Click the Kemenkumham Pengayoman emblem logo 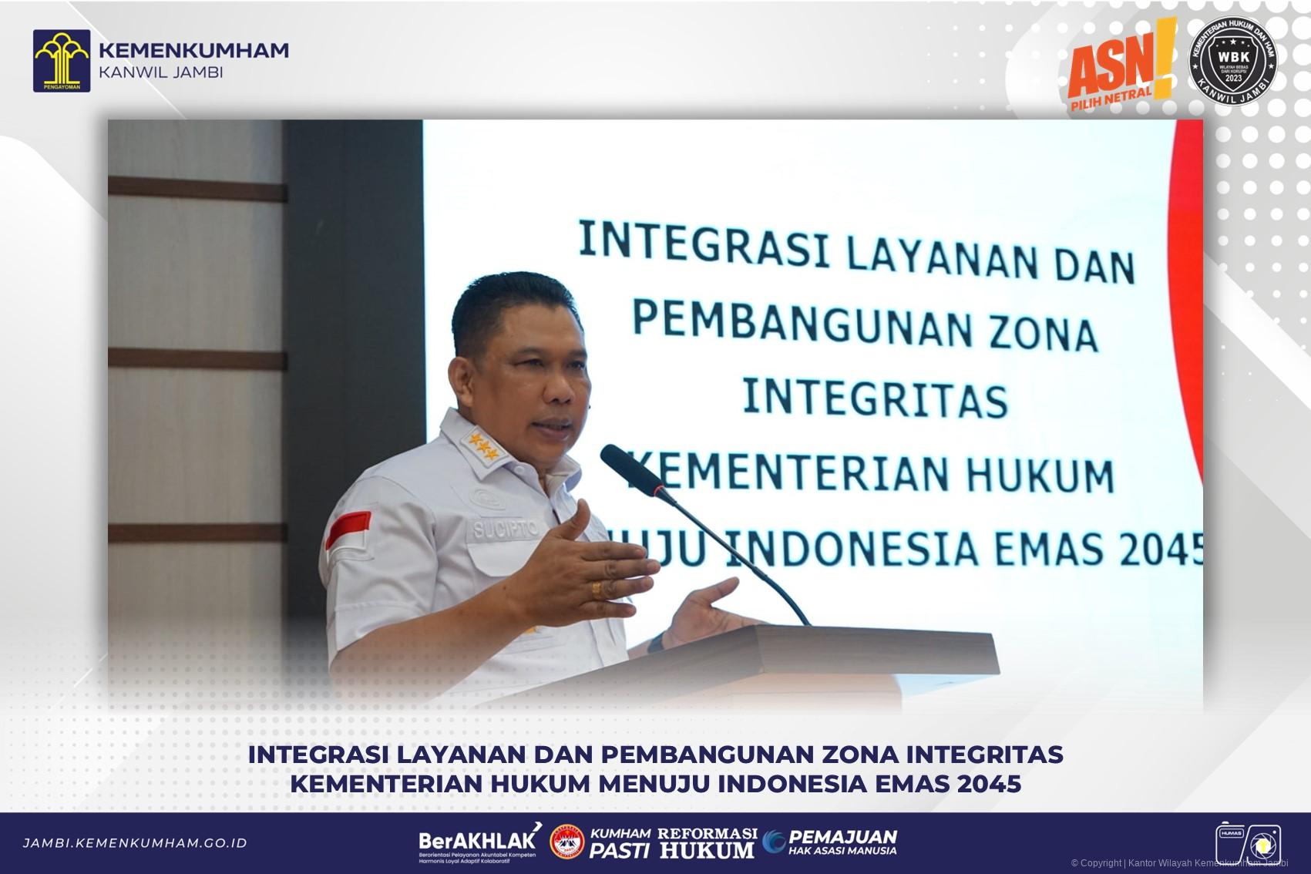click(x=61, y=61)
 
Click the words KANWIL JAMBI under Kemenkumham click(x=161, y=73)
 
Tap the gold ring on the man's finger click(x=596, y=589)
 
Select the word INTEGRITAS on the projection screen click(x=875, y=398)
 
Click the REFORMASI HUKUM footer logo click(x=707, y=843)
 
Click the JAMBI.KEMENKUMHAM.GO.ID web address click(x=135, y=843)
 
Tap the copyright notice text click(x=1178, y=863)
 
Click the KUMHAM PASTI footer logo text click(x=620, y=843)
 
